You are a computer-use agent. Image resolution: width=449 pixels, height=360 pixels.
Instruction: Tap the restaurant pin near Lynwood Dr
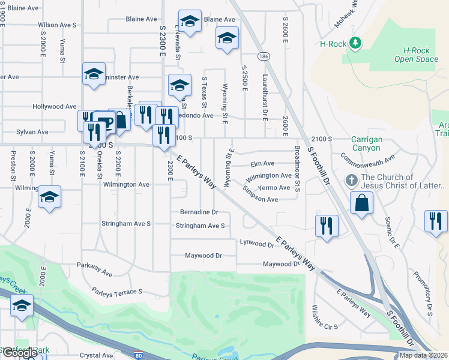tap(325, 226)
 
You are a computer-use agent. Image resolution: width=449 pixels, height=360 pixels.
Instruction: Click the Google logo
tap(19, 353)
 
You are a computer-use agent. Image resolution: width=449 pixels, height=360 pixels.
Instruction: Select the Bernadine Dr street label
tap(199, 212)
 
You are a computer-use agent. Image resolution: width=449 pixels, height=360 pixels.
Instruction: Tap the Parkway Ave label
tap(94, 269)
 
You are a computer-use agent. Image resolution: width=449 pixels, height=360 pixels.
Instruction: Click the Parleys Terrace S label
tap(116, 292)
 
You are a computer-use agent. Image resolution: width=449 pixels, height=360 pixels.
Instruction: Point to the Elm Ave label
tap(262, 163)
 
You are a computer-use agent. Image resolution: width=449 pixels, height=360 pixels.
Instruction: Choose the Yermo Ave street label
tap(276, 188)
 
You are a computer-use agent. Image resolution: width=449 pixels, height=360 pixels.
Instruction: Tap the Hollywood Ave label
tap(55, 107)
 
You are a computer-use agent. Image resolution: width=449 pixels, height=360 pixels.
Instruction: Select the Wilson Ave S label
tap(58, 25)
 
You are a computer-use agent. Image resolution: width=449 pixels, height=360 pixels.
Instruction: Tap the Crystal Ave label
tap(97, 355)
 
